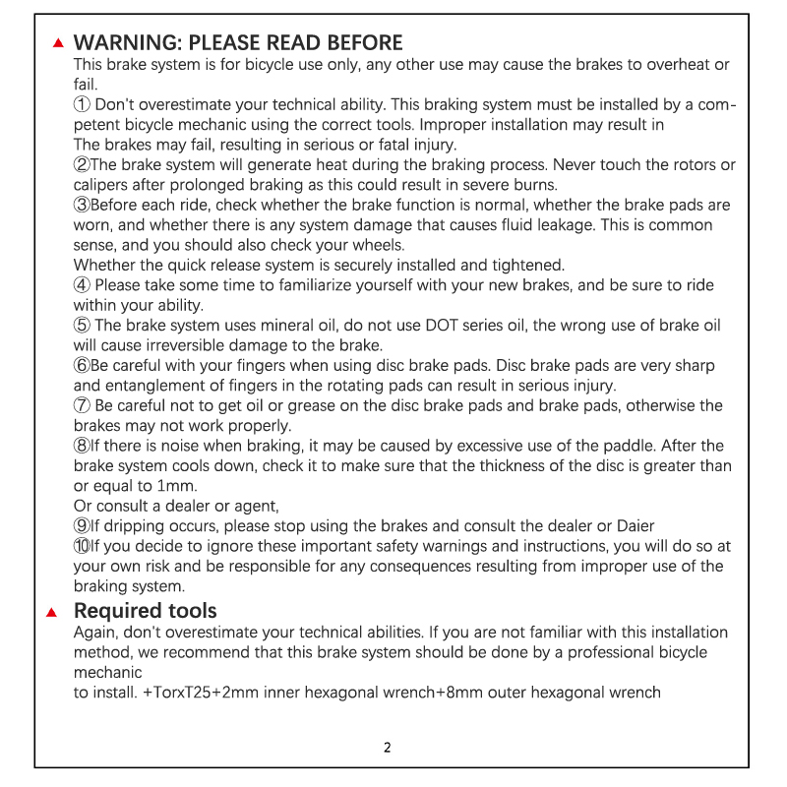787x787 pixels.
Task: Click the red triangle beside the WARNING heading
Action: (59, 43)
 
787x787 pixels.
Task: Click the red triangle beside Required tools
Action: (54, 613)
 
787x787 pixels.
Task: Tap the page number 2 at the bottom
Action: (388, 747)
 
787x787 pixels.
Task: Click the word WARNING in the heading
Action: (127, 42)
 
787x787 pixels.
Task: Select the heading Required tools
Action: (146, 611)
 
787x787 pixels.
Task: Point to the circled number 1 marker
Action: (83, 104)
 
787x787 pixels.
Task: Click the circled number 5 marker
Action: (83, 326)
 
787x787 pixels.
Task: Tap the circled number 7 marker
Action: (83, 405)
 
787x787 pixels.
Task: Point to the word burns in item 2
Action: (534, 185)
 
